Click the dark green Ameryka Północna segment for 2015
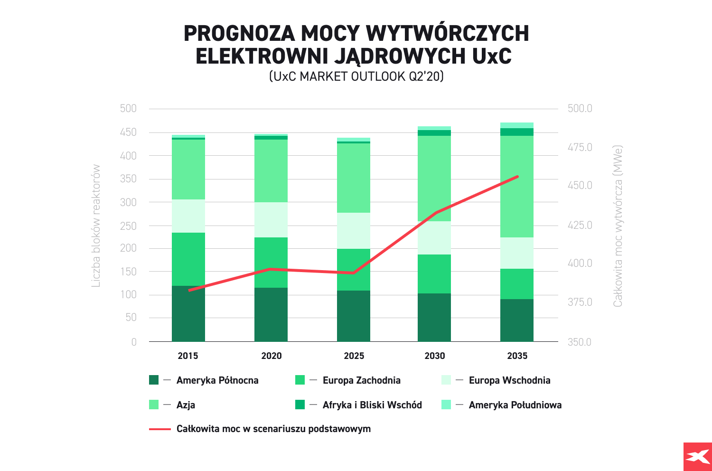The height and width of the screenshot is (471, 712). (x=188, y=313)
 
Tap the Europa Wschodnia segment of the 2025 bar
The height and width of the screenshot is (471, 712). (x=354, y=230)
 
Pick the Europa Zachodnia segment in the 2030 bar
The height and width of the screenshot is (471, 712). (x=434, y=273)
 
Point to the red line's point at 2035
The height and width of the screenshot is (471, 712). (x=517, y=177)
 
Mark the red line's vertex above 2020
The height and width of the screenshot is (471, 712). (x=271, y=269)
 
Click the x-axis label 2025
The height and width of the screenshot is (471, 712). (x=354, y=356)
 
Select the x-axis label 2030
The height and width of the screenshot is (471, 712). (x=434, y=356)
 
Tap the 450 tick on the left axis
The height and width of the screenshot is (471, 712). (x=128, y=132)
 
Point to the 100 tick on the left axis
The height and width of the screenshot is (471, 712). (x=128, y=294)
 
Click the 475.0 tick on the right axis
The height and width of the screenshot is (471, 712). (x=580, y=148)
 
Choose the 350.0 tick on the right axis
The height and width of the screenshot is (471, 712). (x=580, y=342)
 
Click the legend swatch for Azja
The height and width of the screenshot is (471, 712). (x=154, y=405)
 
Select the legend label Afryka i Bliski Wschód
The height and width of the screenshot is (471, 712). (x=372, y=405)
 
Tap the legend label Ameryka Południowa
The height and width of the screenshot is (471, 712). (x=515, y=405)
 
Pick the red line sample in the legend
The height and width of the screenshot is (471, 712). (x=159, y=429)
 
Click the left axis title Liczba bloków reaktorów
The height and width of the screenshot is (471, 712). (x=96, y=226)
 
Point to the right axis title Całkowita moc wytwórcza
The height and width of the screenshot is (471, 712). (x=617, y=226)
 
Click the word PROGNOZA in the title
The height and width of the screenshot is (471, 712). (x=238, y=33)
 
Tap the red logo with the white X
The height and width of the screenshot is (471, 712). (x=697, y=457)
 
